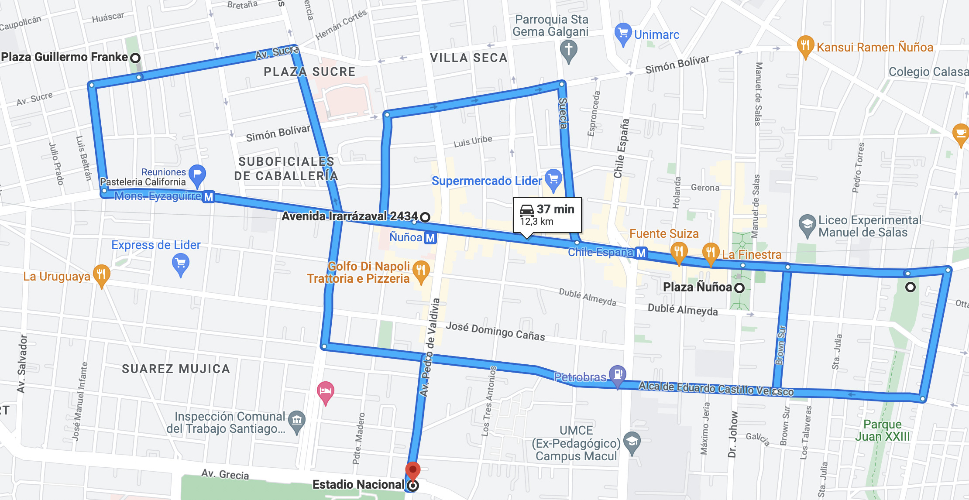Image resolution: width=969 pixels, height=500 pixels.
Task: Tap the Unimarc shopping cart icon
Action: (623, 33)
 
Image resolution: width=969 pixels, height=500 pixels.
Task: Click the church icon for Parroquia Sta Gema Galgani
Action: (568, 50)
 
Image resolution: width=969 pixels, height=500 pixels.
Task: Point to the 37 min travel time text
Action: (555, 209)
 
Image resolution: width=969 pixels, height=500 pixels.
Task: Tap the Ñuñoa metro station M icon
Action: (430, 238)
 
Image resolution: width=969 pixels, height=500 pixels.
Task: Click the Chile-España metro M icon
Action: (641, 253)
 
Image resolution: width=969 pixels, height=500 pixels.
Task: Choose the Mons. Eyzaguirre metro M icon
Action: (209, 197)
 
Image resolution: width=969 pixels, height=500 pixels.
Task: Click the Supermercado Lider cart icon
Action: (553, 179)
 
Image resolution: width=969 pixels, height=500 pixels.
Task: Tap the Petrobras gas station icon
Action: (618, 374)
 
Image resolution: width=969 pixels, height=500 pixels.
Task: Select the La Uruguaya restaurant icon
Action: (101, 275)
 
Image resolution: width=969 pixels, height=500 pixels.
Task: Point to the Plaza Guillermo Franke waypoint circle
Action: (136, 58)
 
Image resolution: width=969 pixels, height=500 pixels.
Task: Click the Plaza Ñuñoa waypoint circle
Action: (739, 288)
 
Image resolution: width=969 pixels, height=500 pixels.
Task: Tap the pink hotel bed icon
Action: (326, 391)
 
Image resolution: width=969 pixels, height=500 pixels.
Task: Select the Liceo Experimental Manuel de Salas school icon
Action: (807, 225)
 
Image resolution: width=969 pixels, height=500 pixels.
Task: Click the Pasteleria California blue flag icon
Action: (197, 175)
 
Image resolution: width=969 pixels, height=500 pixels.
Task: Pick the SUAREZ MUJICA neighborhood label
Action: (176, 369)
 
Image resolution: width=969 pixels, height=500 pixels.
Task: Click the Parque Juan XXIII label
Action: (882, 430)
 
